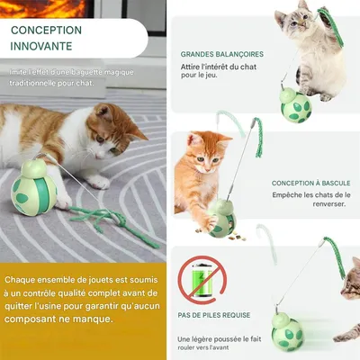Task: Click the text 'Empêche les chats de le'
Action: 310,196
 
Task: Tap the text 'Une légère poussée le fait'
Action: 219,339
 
